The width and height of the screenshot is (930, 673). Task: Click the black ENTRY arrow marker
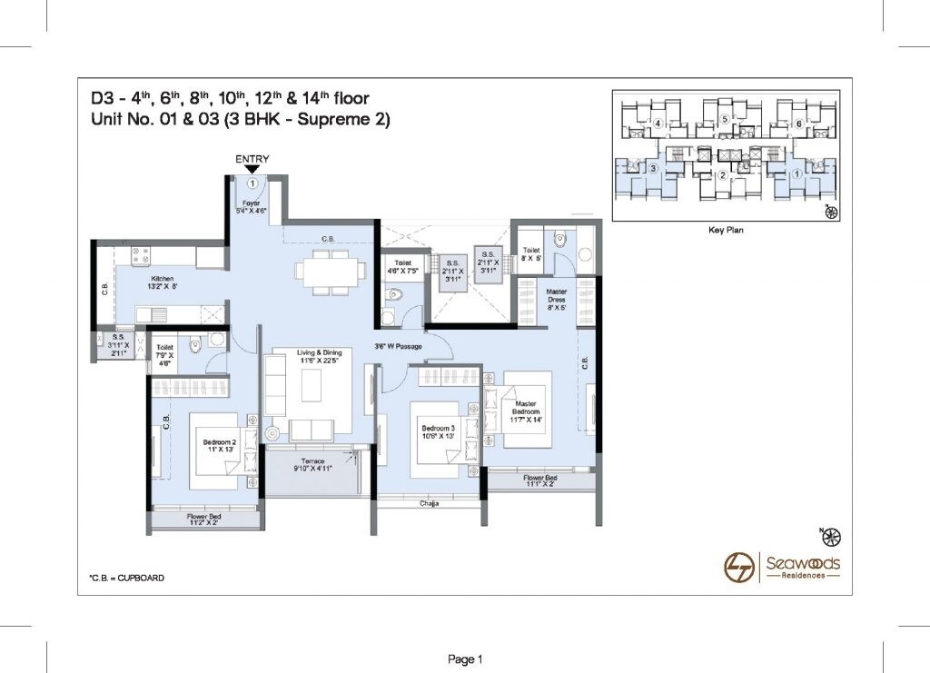coord(252,169)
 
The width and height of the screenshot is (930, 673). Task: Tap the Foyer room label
coord(252,207)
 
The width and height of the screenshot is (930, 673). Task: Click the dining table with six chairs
coord(325,272)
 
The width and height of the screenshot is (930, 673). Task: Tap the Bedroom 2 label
coord(220,447)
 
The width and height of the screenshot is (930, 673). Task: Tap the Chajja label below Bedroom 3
coord(429,502)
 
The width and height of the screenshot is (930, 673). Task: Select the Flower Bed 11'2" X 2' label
coord(190,520)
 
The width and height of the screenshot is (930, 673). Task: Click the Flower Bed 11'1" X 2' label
coord(540,481)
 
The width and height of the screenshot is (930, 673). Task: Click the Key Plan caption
coord(726,231)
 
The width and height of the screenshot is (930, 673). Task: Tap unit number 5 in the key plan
coord(725,119)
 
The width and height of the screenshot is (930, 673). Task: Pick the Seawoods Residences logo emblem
coord(738,567)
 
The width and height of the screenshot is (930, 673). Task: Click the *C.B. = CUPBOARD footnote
coord(126,578)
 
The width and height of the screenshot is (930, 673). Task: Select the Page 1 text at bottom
coord(464,658)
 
